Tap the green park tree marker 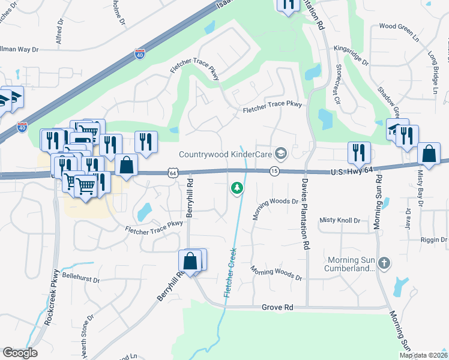[x=237, y=188]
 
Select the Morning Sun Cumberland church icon [x=385, y=263]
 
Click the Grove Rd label [x=277, y=307]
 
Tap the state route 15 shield [x=274, y=172]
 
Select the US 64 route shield [x=173, y=173]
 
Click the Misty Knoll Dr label [x=340, y=221]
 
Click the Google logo [x=20, y=353]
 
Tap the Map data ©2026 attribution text [x=423, y=355]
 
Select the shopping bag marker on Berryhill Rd [x=190, y=262]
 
